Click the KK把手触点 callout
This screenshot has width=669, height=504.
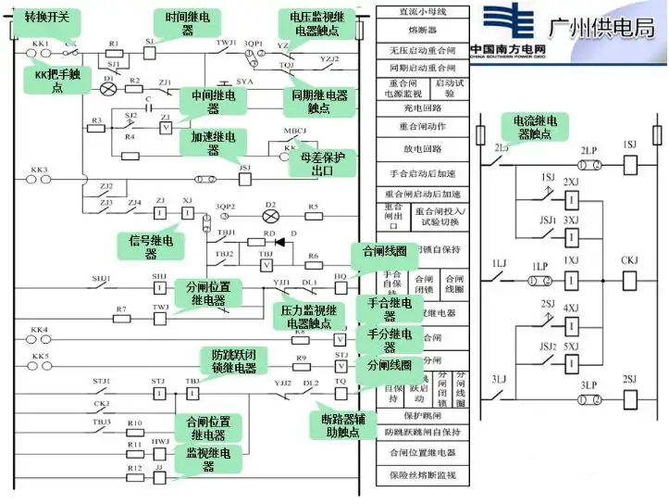[56, 81]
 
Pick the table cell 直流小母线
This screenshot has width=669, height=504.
[421, 11]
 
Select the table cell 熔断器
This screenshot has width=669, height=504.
[421, 31]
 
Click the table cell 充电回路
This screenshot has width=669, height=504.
[421, 108]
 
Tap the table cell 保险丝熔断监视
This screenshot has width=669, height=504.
[421, 475]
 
